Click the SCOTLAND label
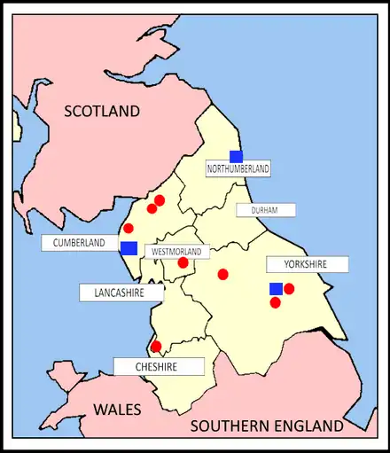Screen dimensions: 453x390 point(102,111)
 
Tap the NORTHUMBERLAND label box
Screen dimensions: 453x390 point(238,168)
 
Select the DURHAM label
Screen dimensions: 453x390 point(265,210)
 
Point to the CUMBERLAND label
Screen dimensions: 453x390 point(79,242)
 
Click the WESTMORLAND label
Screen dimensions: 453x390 point(176,252)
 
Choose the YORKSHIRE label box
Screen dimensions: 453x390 point(307,264)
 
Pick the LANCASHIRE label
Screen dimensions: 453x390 point(121,292)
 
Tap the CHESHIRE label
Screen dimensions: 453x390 point(158,366)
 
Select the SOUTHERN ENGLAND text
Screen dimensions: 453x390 point(268,426)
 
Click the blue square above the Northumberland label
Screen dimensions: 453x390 point(236,156)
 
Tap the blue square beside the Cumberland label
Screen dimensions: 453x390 point(129,248)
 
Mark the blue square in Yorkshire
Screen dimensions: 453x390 point(276,288)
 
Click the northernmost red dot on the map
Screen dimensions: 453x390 point(160,199)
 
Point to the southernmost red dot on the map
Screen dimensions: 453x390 point(156,347)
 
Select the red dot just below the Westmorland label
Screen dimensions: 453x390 point(183,262)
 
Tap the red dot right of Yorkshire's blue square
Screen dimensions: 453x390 point(289,288)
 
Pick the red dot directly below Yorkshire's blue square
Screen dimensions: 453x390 point(276,302)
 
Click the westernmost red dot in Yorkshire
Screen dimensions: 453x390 point(222,274)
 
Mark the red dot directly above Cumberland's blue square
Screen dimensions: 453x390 point(129,228)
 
